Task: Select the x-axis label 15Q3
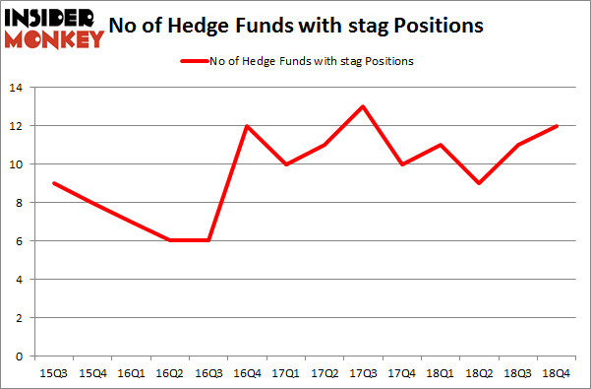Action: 54,374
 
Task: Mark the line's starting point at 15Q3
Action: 54,183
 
